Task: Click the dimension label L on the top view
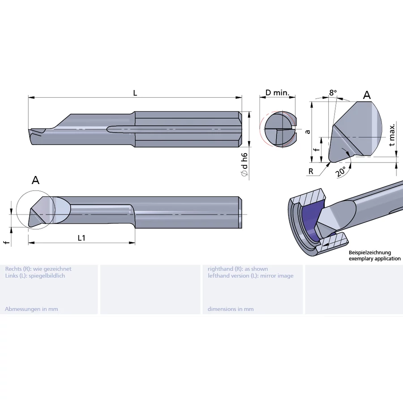coord(135,93)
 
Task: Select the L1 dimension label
coord(81,238)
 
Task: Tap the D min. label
coord(277,93)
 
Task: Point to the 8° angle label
coord(333,93)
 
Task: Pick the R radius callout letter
coord(310,171)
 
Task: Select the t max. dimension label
coord(392,134)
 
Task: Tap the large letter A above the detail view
coord(367,95)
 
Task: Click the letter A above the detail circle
coord(35,180)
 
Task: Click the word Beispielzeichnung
coord(370,253)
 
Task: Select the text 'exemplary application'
coord(374,259)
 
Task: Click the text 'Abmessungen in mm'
coord(31,309)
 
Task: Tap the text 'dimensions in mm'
coord(231,309)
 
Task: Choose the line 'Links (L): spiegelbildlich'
coord(35,276)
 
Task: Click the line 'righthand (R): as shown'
coord(238,269)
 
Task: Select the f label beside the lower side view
coord(6,242)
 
